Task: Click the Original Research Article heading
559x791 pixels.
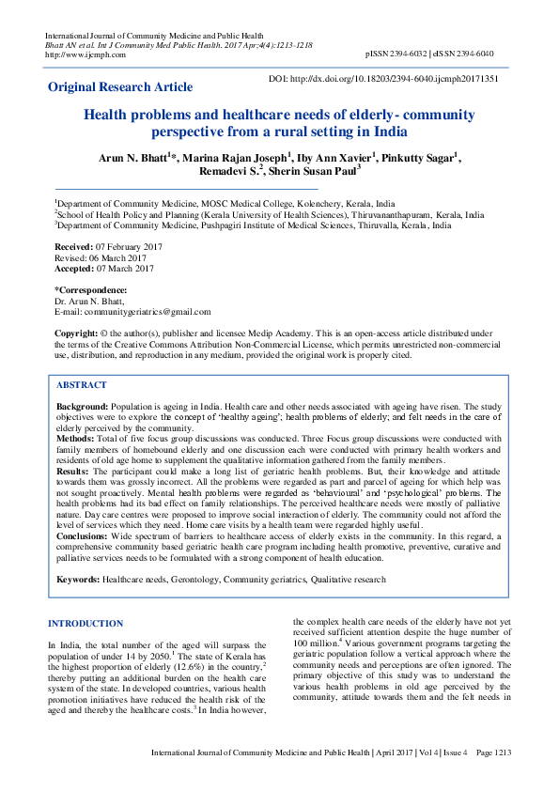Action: click(x=120, y=87)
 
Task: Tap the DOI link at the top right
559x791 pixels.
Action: click(x=383, y=80)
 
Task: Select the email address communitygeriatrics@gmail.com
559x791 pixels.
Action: click(x=148, y=312)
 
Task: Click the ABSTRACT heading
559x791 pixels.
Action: click(x=81, y=385)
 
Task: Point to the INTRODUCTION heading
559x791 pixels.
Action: click(x=85, y=624)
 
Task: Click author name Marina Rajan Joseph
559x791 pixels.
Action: click(x=240, y=157)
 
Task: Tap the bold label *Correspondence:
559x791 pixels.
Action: click(x=90, y=289)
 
